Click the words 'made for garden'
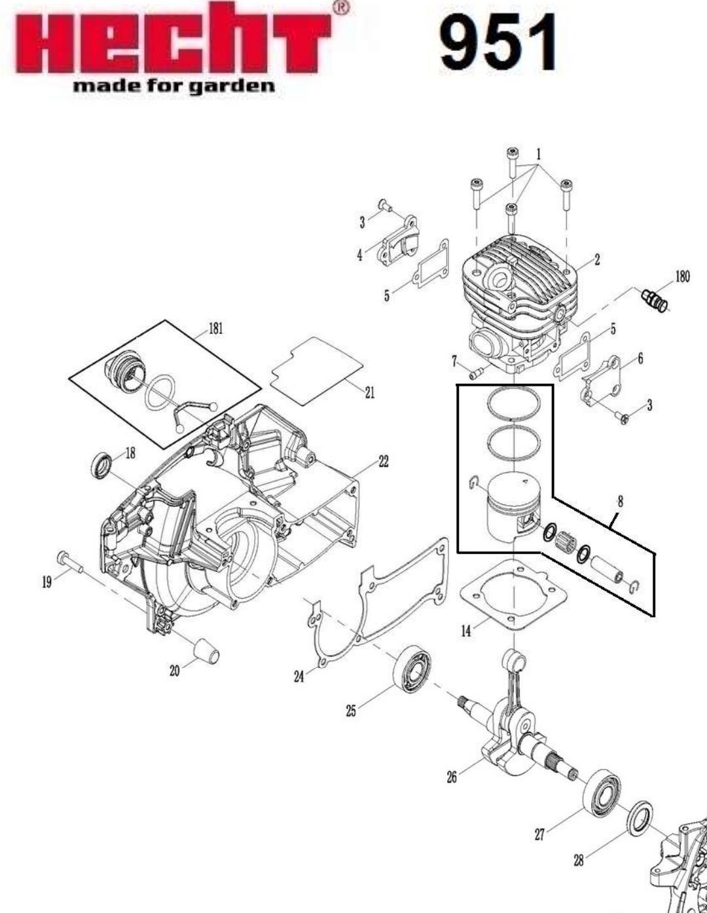click(x=174, y=86)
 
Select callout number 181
click(x=216, y=329)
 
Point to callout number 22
click(x=384, y=461)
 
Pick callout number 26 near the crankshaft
click(x=451, y=777)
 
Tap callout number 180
click(x=682, y=276)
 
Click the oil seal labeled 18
click(x=102, y=465)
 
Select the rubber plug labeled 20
click(x=206, y=652)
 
